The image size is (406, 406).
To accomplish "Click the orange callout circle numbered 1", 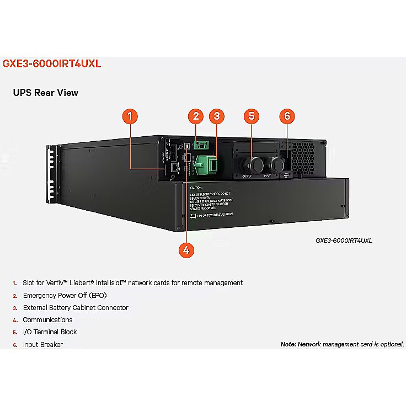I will (x=130, y=116).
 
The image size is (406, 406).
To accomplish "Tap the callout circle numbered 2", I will (x=195, y=116).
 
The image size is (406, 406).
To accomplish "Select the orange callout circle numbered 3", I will (x=217, y=116).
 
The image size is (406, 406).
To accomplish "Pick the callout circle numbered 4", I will (x=186, y=249).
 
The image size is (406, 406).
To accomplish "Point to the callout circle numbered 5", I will (x=252, y=116).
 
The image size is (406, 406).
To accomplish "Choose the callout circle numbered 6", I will (x=287, y=116).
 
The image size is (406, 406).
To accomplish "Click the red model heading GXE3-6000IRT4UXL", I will (x=52, y=63).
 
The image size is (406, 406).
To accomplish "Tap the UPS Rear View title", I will (x=46, y=93).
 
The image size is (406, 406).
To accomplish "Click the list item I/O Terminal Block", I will (x=50, y=332).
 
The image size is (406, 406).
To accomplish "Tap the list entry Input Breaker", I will (x=42, y=344).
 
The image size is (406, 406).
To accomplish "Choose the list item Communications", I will (x=47, y=319).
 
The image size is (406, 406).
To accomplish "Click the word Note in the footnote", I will (x=288, y=344).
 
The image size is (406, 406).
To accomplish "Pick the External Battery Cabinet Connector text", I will (x=75, y=307).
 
